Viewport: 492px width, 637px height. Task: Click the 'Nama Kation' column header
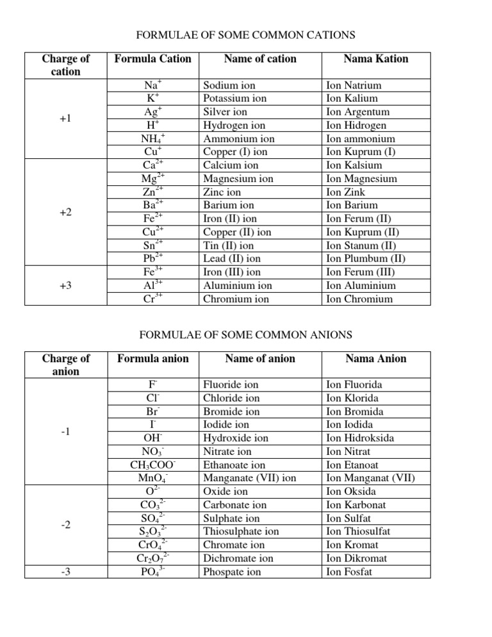point(375,59)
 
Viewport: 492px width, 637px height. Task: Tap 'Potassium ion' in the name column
point(234,99)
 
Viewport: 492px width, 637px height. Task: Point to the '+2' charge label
point(65,212)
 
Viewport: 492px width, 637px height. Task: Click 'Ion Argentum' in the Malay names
point(357,112)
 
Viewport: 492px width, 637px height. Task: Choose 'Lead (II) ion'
point(231,259)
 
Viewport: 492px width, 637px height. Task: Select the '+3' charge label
point(65,286)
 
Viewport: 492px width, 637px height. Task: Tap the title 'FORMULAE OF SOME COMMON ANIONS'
point(245,335)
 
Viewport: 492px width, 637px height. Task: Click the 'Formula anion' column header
point(153,359)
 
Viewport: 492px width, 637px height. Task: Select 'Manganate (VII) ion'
point(249,478)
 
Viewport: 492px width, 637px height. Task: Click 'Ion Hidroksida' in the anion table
point(361,438)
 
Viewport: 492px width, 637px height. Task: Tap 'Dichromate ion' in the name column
point(238,558)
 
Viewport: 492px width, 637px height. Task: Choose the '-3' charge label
point(65,572)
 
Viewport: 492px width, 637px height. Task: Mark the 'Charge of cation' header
point(65,65)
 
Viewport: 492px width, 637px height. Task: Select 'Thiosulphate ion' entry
point(240,531)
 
